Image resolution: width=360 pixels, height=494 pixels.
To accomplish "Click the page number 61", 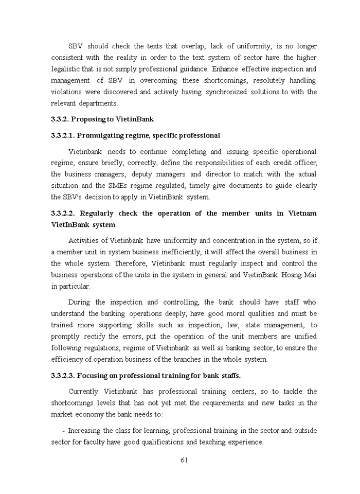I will tap(184, 460).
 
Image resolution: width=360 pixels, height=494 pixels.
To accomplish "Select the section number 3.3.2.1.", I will tap(63, 135).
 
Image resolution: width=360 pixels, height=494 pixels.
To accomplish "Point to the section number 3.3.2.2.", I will tap(63, 213).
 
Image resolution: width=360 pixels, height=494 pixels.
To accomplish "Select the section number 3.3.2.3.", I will tap(63, 375).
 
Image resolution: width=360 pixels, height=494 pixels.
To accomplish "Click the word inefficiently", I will tap(181, 252).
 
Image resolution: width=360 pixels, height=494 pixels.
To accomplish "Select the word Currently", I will tap(84, 391).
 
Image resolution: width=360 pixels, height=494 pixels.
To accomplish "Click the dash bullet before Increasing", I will tap(63, 431).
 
